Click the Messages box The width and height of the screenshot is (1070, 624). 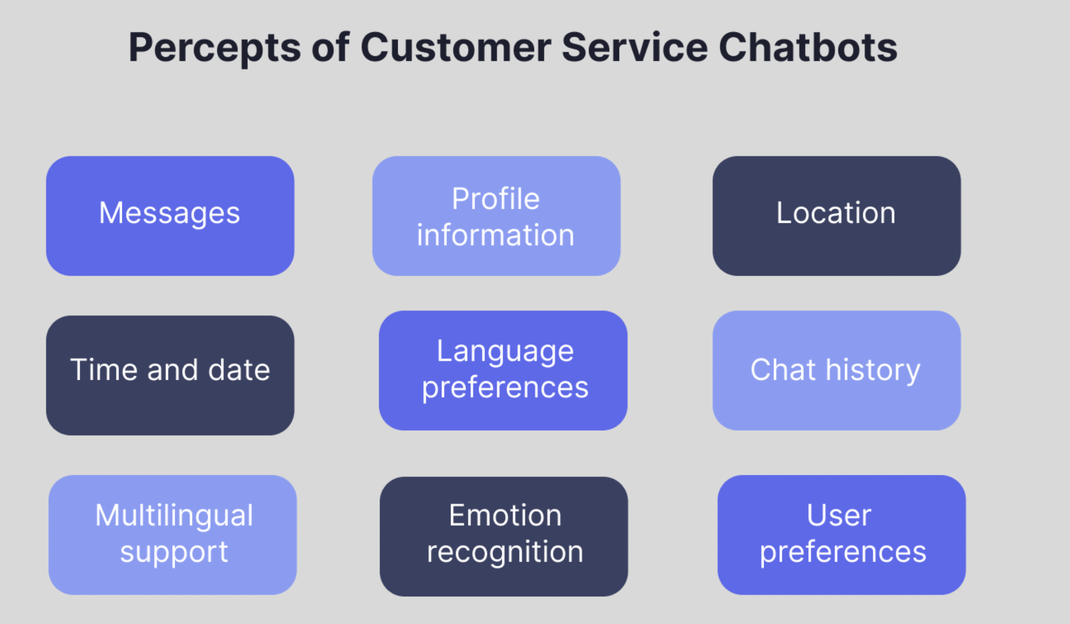tap(170, 216)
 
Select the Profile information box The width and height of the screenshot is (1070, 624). tap(496, 216)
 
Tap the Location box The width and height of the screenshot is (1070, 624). tap(836, 216)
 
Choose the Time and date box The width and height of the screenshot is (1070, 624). tap(170, 375)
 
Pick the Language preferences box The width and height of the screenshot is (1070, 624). tap(503, 370)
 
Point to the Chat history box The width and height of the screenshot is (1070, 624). tap(836, 370)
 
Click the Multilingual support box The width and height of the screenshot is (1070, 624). tap(173, 535)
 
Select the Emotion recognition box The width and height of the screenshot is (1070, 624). tap(504, 536)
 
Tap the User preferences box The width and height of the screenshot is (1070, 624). tap(841, 535)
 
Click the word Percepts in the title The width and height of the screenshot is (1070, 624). tap(215, 48)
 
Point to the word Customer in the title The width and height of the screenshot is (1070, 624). tap(455, 48)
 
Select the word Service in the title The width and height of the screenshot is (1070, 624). tap(635, 48)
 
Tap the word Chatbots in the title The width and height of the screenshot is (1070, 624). tap(808, 48)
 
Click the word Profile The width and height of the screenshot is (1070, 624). tap(495, 199)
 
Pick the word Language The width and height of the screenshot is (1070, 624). tap(505, 351)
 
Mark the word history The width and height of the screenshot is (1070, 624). tap(873, 370)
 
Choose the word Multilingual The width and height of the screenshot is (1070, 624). tap(174, 516)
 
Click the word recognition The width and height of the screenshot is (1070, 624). tap(505, 552)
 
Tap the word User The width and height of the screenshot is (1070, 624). tap(839, 516)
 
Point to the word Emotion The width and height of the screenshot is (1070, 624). tap(505, 516)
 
